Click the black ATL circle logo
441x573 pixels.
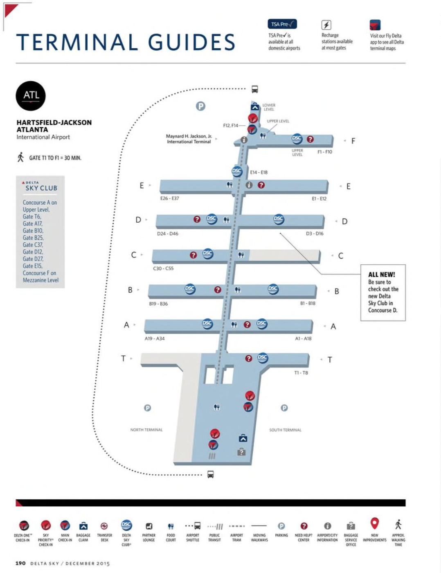click(31, 96)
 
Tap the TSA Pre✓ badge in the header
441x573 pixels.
click(282, 24)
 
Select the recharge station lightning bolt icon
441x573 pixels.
click(326, 25)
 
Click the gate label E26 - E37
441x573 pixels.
click(169, 199)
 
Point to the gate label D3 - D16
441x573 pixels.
click(315, 234)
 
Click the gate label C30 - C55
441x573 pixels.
click(163, 268)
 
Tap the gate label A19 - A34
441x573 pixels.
click(155, 338)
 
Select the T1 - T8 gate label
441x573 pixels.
click(301, 373)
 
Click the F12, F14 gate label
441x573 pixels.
click(230, 125)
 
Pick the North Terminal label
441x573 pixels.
click(146, 430)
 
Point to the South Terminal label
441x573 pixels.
click(285, 430)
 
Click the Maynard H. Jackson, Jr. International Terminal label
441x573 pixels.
click(189, 139)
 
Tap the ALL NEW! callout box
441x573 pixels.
click(383, 292)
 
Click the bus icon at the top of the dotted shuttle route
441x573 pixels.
click(254, 89)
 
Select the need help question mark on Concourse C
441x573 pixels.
click(193, 255)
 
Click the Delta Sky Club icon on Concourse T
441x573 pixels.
click(262, 358)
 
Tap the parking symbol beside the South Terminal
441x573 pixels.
click(284, 408)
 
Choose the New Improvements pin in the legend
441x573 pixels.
click(374, 523)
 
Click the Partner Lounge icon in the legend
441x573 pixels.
click(149, 526)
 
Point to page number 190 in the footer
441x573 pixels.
click(20, 563)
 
